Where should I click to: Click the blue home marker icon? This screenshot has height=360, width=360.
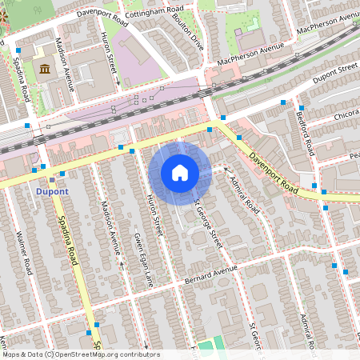coord(180,172)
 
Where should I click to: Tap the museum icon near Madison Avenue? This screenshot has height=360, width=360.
coord(44,70)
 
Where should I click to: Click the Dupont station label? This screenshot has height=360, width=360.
coord(51,192)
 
